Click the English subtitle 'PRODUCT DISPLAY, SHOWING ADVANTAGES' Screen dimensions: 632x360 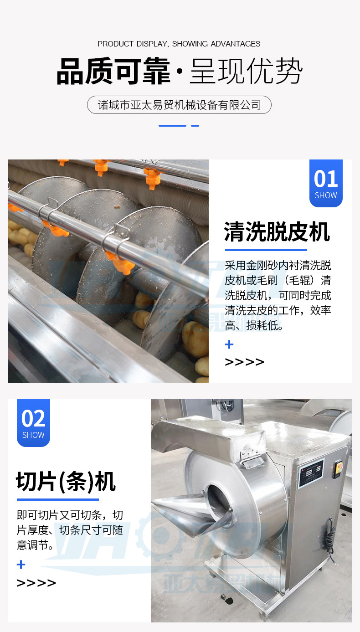tap(179, 44)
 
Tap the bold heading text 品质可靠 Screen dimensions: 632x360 tap(113, 72)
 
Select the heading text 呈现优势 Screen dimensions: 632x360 tap(246, 72)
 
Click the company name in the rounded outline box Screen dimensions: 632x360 tap(179, 105)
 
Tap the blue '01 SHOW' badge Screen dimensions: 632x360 tap(326, 183)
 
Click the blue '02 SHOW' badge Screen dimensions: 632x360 tap(33, 423)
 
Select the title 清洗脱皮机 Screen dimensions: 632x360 tap(277, 232)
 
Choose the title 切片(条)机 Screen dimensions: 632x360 tap(66, 482)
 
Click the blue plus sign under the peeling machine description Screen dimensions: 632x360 tap(229, 344)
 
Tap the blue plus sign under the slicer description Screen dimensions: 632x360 tap(21, 565)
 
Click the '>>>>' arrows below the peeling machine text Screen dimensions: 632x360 tap(245, 362)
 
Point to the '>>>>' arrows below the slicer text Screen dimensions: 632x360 tap(36, 583)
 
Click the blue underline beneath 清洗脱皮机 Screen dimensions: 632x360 tap(266, 250)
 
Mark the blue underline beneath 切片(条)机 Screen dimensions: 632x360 tap(57, 499)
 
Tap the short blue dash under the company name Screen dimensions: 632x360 tap(195, 125)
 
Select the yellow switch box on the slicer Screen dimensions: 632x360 tap(338, 469)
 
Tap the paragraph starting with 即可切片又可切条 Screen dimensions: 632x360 tap(70, 530)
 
